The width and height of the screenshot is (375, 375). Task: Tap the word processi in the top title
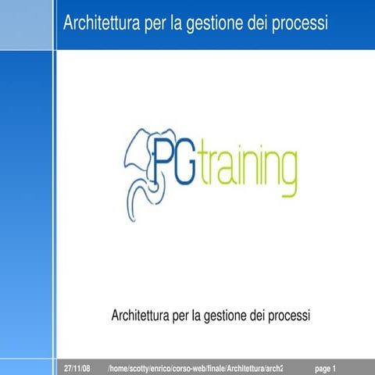tap(300, 24)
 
